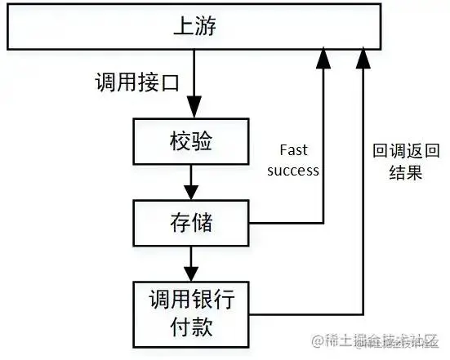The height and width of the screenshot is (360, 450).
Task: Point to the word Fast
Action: click(x=293, y=151)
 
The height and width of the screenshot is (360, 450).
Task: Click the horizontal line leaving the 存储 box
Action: click(x=286, y=222)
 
